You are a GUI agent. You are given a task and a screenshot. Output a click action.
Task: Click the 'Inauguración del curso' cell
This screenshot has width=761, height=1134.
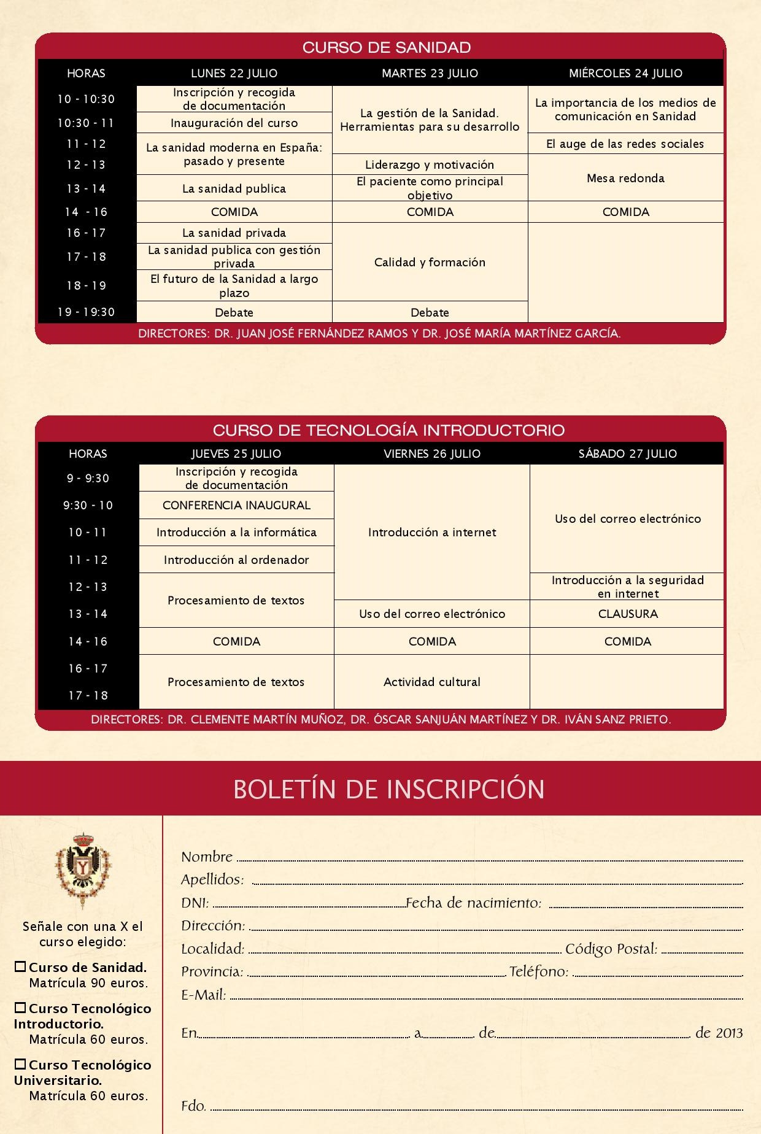pos(234,123)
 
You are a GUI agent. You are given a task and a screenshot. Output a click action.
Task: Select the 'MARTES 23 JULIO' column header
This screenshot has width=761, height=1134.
pos(430,73)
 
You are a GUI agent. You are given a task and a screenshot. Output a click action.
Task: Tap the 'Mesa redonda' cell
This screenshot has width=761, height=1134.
pos(625,178)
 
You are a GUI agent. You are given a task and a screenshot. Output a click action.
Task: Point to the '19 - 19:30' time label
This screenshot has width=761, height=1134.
pos(87,312)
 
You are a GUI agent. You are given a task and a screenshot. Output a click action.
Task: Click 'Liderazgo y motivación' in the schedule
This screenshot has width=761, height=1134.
pos(430,164)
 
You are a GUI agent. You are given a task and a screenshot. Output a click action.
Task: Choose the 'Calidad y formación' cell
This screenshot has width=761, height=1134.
pos(430,262)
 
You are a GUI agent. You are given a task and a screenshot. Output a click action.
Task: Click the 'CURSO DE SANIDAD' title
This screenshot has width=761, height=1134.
pos(387,47)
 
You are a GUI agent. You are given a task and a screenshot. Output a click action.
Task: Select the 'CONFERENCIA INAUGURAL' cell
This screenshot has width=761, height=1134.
pos(236,505)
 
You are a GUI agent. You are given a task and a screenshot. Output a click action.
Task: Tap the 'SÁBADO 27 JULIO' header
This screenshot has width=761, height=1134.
pos(627,453)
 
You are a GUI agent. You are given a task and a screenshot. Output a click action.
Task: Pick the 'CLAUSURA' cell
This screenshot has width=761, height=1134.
pos(627,614)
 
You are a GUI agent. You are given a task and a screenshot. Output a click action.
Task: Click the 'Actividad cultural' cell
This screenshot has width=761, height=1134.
pos(431,682)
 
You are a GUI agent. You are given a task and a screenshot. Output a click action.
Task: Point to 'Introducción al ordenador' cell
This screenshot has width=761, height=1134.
pos(236,560)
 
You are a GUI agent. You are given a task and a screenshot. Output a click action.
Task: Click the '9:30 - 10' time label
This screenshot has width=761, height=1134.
pos(88,505)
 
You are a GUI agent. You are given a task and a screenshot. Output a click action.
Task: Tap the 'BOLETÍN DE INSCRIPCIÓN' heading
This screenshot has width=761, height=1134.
pos(388,789)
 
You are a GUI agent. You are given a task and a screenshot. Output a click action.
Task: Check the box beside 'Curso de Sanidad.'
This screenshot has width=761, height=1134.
pos(21,967)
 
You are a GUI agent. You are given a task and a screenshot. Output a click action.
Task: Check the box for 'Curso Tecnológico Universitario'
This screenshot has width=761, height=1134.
pos(21,1065)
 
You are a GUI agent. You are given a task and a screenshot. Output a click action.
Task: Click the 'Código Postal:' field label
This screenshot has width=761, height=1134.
pos(611,949)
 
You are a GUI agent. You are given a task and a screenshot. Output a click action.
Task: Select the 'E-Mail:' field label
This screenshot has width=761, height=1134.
pos(204,995)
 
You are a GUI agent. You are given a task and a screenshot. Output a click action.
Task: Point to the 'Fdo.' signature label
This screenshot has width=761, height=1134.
pos(193,1106)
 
